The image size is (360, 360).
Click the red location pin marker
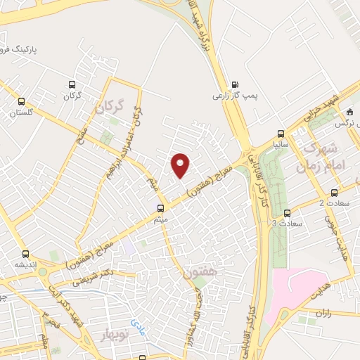(181, 165)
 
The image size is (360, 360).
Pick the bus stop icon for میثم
(161, 208)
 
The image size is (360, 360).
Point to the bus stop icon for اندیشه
(25, 254)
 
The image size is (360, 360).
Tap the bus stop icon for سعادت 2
(333, 191)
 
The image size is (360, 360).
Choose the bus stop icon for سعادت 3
(286, 212)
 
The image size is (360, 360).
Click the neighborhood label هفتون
(202, 269)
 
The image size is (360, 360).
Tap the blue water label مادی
(138, 323)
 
